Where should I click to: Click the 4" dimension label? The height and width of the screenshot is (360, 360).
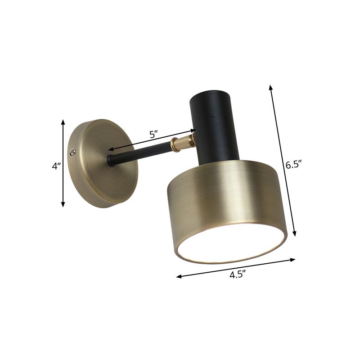click(56, 166)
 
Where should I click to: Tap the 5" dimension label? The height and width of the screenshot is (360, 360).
click(154, 134)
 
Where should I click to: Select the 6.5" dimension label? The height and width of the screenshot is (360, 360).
click(293, 165)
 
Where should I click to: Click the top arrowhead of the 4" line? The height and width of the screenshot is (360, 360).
click(63, 121)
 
